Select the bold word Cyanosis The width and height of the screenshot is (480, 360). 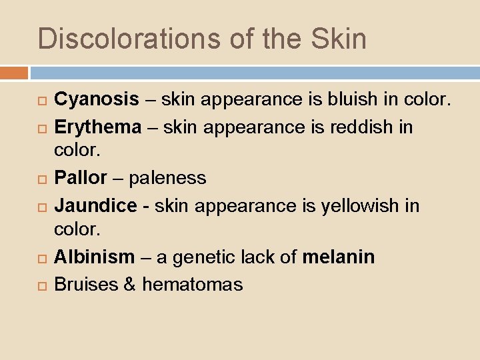(97, 100)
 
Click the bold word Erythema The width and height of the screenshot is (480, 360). (97, 127)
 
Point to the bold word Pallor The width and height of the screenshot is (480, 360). (80, 179)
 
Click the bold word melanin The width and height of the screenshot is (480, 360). (339, 257)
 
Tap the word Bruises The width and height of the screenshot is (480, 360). (85, 285)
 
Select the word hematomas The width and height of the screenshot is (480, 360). (193, 285)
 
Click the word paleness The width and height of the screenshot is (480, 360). (168, 179)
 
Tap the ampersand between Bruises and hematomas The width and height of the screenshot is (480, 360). (129, 285)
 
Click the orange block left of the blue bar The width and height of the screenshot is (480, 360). (14, 73)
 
